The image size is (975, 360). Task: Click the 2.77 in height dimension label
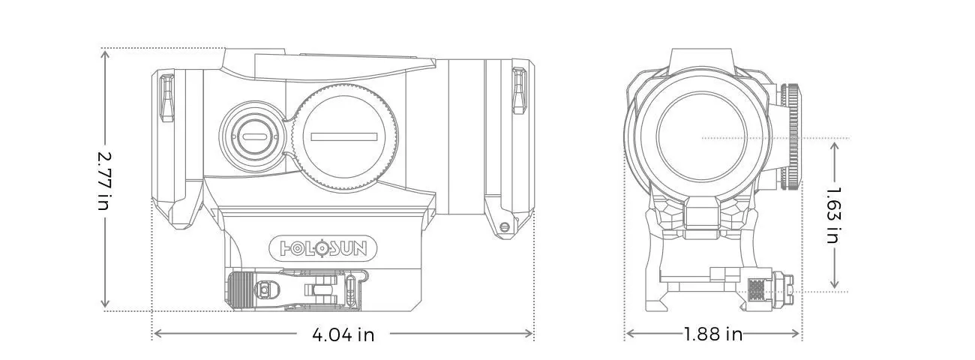coord(104,180)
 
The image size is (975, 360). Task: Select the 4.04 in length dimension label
coord(343,334)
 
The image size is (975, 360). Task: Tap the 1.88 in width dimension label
coord(713,334)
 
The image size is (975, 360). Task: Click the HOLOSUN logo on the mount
coord(323,248)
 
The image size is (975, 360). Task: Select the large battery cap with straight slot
coord(343,137)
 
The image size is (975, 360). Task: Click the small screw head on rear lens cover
coord(505,226)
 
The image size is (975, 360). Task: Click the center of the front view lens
coord(702,137)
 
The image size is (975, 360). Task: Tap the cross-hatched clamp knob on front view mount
coord(757,290)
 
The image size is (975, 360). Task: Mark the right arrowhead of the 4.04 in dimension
coord(529,334)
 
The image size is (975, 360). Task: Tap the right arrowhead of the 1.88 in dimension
coord(795,334)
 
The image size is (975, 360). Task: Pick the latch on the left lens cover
coord(167,97)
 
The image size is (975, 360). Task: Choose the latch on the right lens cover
coord(518,91)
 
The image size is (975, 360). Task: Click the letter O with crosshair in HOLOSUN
coord(322,248)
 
